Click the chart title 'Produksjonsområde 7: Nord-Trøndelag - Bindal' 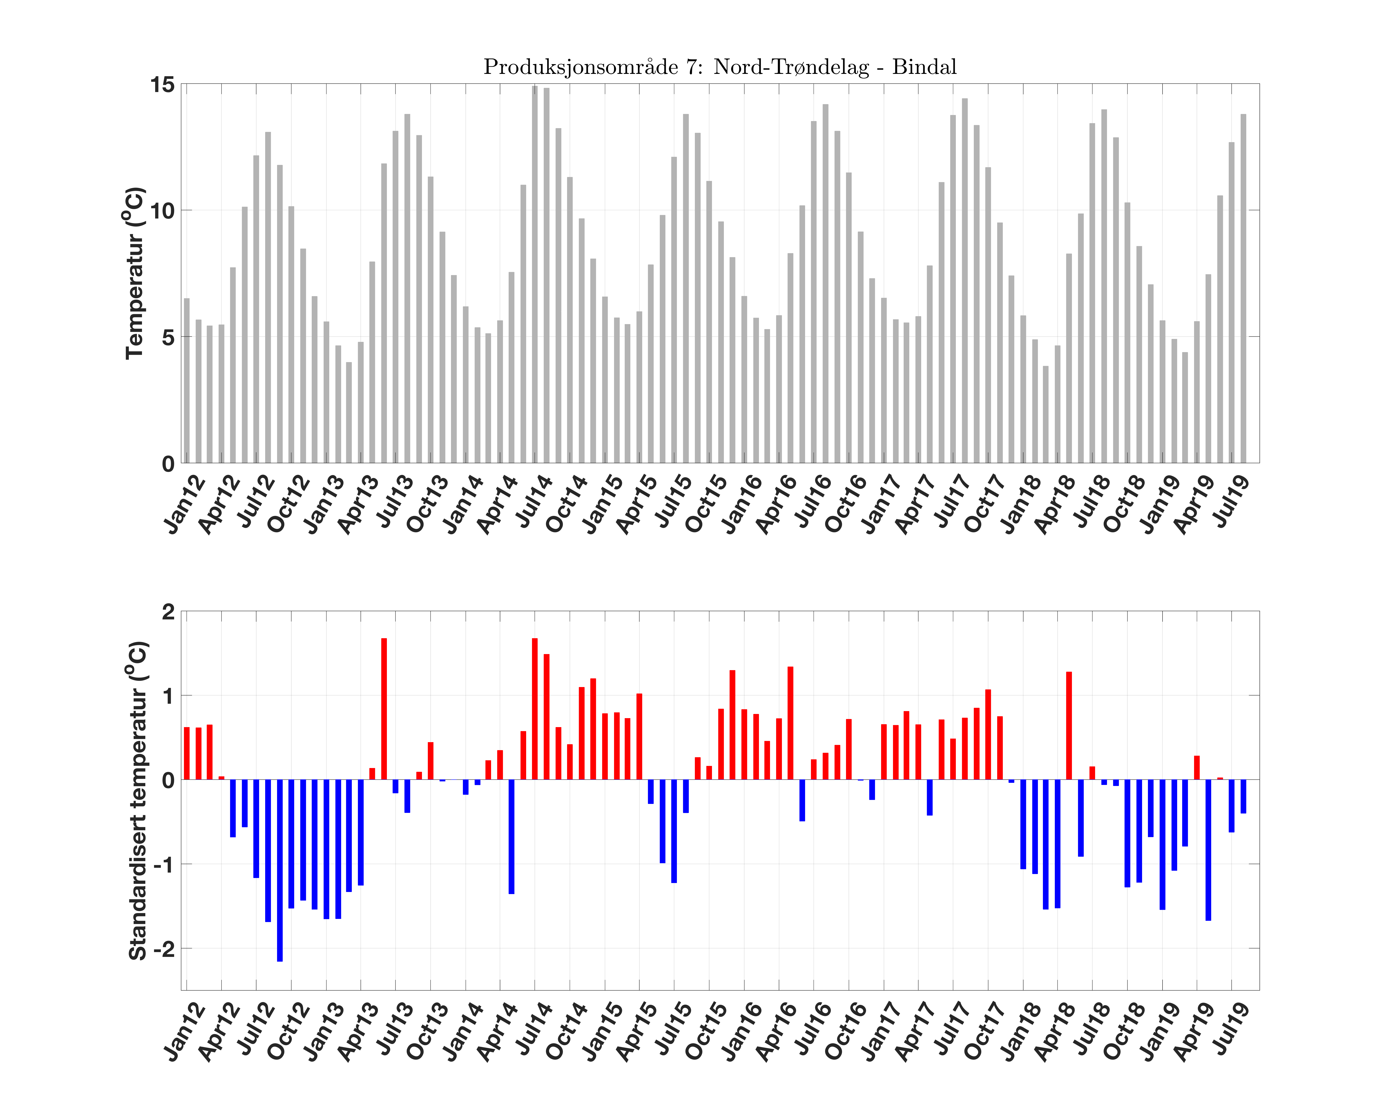(x=720, y=67)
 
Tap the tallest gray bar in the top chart (x=535, y=274)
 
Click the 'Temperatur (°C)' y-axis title (x=134, y=273)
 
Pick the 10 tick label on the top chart (x=163, y=211)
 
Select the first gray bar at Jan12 (x=187, y=381)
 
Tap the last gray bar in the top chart (x=1244, y=288)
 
